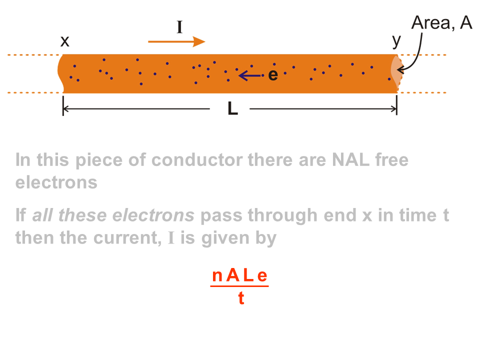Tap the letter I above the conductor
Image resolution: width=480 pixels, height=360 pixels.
tap(179, 26)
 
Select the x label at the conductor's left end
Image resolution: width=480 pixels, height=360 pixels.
tap(65, 41)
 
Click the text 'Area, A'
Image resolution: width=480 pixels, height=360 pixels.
tap(441, 23)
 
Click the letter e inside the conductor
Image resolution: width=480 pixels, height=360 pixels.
tap(272, 75)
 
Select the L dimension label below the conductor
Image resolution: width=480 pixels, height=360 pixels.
tap(232, 109)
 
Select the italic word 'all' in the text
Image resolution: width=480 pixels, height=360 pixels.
tap(43, 215)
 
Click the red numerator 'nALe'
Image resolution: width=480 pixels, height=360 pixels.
tap(239, 275)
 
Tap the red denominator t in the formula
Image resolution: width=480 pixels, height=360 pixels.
tap(241, 298)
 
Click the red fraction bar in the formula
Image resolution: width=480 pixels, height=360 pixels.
tap(239, 286)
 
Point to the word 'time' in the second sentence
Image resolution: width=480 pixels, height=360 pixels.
tap(415, 215)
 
